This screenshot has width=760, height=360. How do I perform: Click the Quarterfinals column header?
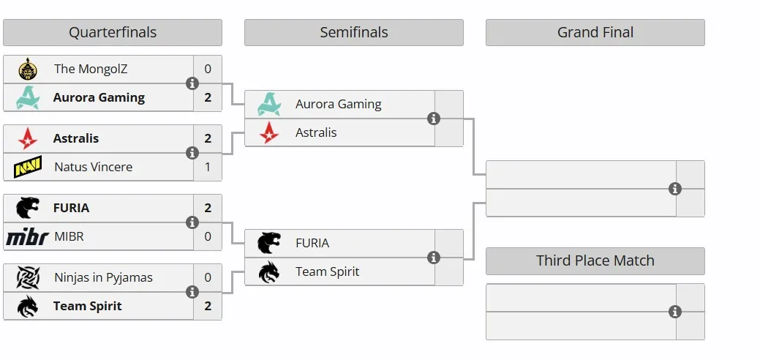click(113, 32)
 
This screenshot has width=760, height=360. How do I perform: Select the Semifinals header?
click(354, 32)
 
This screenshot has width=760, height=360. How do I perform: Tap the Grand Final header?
click(595, 32)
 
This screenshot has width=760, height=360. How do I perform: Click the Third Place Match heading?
click(595, 260)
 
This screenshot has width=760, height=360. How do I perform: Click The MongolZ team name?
click(91, 69)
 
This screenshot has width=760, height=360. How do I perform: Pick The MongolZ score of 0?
click(208, 69)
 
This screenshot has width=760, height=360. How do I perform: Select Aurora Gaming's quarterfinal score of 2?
click(208, 97)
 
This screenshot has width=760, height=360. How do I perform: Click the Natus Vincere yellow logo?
click(28, 166)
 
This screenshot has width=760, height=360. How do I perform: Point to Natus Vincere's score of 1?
click(208, 167)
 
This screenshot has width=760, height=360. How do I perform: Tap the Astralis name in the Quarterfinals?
click(76, 138)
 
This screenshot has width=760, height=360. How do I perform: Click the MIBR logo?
click(27, 237)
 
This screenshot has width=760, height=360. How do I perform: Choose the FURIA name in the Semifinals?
click(312, 243)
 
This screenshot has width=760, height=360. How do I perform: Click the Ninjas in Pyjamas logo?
click(28, 277)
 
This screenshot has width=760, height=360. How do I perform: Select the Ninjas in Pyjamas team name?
click(103, 277)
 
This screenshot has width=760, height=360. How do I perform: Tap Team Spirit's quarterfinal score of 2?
click(208, 306)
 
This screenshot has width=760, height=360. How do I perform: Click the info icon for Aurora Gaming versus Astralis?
click(434, 119)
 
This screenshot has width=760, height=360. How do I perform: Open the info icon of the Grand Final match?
click(675, 189)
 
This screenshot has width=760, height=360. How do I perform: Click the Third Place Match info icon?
click(675, 312)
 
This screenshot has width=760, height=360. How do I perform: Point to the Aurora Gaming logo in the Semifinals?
click(269, 104)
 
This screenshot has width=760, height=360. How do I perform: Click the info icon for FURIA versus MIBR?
click(192, 222)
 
